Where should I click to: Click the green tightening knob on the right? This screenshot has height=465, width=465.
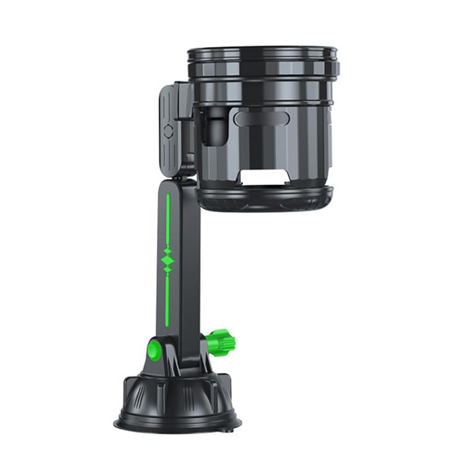pos(222,340)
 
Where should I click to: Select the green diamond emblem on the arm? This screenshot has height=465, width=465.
pos(168,260)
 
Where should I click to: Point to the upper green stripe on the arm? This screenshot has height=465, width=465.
pos(168,220)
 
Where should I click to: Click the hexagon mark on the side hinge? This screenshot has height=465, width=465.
pos(169,132)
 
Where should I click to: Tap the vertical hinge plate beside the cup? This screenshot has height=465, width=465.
pos(171,130)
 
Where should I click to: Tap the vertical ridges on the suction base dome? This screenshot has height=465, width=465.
pos(149,397)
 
